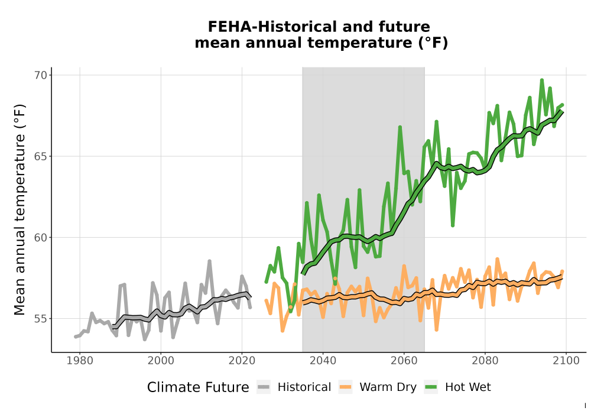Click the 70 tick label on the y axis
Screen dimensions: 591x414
[41, 75]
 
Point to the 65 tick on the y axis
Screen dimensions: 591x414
[41, 157]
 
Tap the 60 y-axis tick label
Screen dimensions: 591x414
[41, 238]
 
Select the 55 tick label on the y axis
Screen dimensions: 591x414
[41, 319]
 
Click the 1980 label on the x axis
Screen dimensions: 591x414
[80, 361]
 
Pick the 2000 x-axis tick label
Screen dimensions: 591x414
[161, 361]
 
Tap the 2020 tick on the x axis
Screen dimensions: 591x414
[242, 361]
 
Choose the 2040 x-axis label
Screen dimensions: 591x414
[323, 361]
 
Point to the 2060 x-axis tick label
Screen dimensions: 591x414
[404, 361]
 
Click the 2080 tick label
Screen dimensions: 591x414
[485, 361]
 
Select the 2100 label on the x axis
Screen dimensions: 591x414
[566, 361]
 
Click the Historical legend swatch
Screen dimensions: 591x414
[264, 387]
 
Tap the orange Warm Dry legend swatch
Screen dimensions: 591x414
[345, 387]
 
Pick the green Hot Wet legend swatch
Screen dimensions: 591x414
[431, 387]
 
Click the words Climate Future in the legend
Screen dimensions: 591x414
[198, 387]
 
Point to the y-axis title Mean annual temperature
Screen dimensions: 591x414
[20, 209]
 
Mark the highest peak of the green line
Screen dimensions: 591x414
[542, 80]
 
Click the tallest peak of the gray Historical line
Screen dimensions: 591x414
[210, 261]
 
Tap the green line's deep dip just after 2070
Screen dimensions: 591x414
[453, 225]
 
